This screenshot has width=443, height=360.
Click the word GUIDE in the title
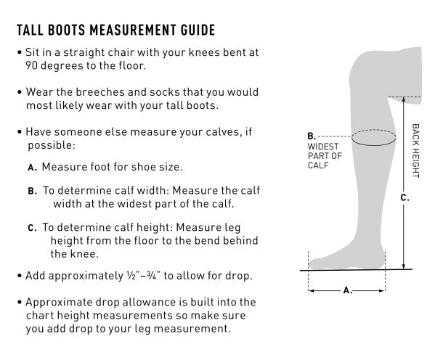click(198, 30)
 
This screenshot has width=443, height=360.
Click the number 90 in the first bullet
click(32, 66)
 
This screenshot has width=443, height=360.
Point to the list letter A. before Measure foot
click(33, 168)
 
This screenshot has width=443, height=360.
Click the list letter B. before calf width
click(33, 192)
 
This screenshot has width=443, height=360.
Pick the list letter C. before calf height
click(33, 228)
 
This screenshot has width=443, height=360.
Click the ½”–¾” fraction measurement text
click(144, 276)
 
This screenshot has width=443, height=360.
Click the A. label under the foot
click(348, 290)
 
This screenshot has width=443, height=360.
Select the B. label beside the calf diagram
click(312, 136)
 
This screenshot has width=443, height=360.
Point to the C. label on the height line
click(405, 198)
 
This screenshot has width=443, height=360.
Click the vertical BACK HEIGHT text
click(415, 151)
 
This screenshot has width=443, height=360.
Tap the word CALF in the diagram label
click(318, 165)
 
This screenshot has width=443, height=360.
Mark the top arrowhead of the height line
click(404, 99)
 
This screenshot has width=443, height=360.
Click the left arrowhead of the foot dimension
click(311, 290)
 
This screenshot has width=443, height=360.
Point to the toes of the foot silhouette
click(314, 263)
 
